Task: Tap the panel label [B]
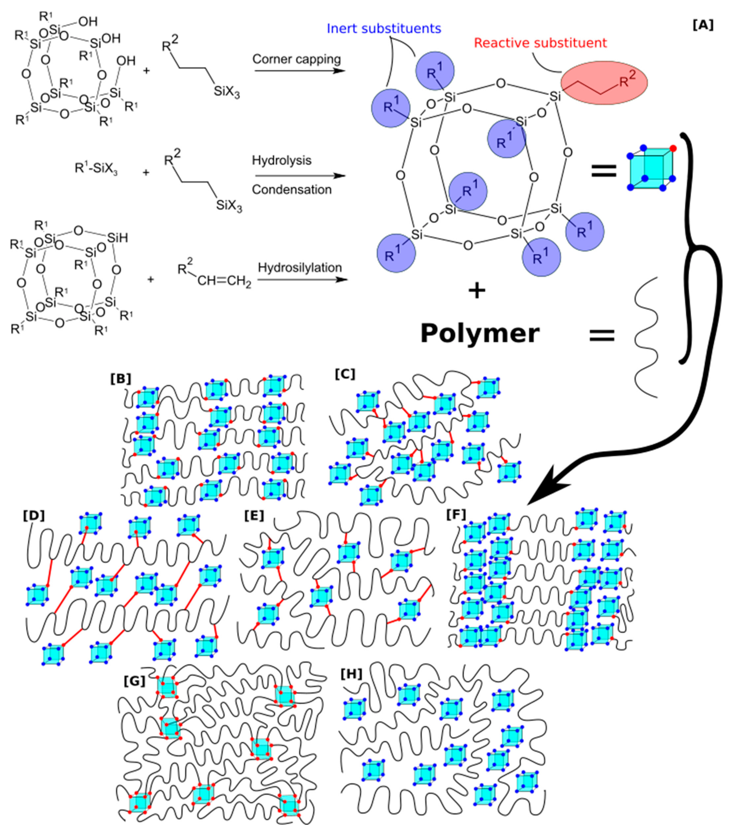point(121,379)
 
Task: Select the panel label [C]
point(345,374)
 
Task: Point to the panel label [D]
point(33,516)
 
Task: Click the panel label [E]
point(254,516)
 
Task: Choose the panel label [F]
point(456,514)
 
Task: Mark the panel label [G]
point(134,681)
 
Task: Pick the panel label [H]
point(351,674)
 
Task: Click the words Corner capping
point(296,59)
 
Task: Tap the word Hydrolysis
point(282,160)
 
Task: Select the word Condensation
point(292,190)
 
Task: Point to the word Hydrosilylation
point(300,268)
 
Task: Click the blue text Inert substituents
point(384,28)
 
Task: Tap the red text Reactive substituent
point(540,43)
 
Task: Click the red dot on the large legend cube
point(673,148)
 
